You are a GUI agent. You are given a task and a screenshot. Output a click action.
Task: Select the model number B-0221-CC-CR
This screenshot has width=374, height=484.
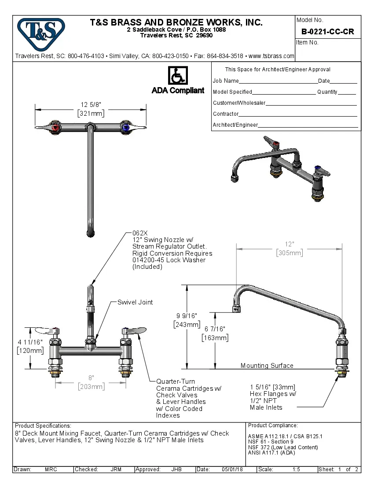tap(327, 32)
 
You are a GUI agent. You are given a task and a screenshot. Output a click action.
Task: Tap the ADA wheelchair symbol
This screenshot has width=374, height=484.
tap(178, 76)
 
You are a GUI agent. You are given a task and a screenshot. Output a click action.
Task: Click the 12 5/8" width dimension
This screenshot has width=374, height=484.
tap(91, 105)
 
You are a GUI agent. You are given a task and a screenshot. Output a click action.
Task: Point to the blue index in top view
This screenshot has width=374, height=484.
tap(126, 128)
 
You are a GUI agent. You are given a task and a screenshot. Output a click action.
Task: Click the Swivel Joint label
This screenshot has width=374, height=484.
tap(135, 302)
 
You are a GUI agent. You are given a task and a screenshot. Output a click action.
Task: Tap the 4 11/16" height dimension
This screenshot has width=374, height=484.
tap(30, 342)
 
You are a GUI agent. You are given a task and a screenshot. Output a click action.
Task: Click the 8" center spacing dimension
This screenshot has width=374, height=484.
tap(91, 378)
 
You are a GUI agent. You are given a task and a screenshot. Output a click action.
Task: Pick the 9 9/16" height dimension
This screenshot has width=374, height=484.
tap(187, 316)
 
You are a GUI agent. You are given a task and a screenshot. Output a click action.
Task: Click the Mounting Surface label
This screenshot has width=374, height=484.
tap(267, 366)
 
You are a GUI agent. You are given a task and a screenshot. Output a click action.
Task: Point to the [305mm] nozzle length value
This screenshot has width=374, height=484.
tap(289, 253)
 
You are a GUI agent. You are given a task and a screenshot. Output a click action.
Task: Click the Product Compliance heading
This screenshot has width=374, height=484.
tap(273, 425)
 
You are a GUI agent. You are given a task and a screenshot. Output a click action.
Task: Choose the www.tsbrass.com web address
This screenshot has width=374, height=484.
tap(271, 56)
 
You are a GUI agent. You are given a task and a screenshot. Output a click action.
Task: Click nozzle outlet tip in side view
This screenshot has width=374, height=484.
tap(237, 310)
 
